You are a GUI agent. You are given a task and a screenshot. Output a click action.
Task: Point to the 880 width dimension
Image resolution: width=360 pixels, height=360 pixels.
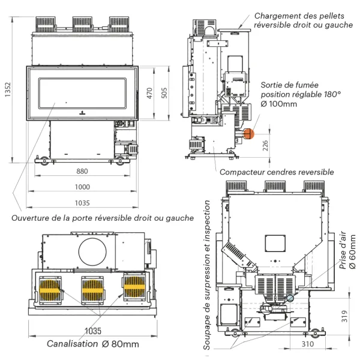[x=82, y=171]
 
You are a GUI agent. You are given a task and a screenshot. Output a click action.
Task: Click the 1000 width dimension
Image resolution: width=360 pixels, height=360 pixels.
[x=82, y=187]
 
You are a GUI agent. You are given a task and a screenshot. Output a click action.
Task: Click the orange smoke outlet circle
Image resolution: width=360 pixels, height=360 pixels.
[x=249, y=135]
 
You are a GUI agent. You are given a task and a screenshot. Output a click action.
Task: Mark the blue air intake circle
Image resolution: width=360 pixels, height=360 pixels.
[x=290, y=298]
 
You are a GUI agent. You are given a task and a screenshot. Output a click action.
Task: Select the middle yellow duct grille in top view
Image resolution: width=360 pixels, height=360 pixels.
[x=93, y=289]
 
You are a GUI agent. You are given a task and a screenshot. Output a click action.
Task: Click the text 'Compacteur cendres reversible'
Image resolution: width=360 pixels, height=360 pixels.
[x=277, y=172]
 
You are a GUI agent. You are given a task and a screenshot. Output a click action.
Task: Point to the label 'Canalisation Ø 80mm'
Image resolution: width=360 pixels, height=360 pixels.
[x=93, y=344]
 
